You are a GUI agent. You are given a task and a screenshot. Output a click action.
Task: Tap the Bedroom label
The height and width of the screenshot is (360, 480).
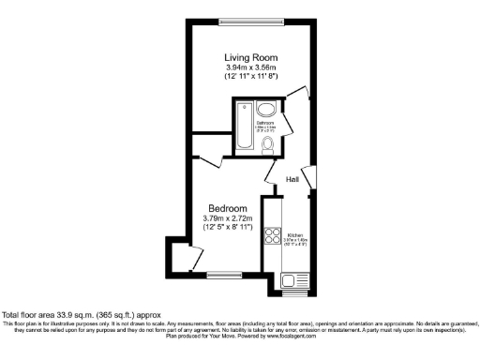click(x=228, y=208)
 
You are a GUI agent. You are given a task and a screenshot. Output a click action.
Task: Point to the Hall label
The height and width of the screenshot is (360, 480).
click(x=292, y=178)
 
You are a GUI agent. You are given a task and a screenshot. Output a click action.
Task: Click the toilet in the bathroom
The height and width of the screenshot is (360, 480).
click(x=267, y=143)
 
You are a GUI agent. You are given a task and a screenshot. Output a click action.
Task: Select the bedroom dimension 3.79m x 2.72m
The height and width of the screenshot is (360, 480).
click(x=228, y=218)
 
